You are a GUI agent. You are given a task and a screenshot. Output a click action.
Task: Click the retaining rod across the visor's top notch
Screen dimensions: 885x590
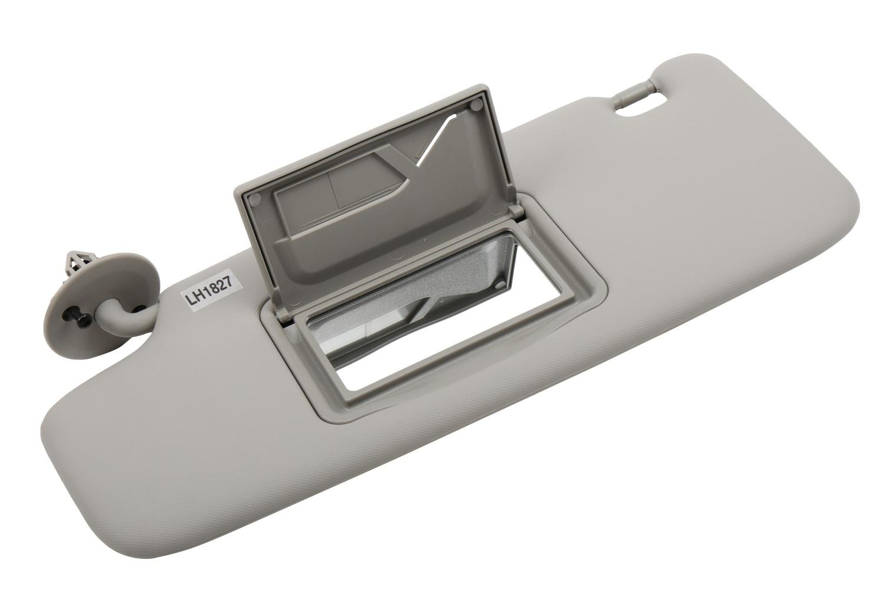[632, 94]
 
